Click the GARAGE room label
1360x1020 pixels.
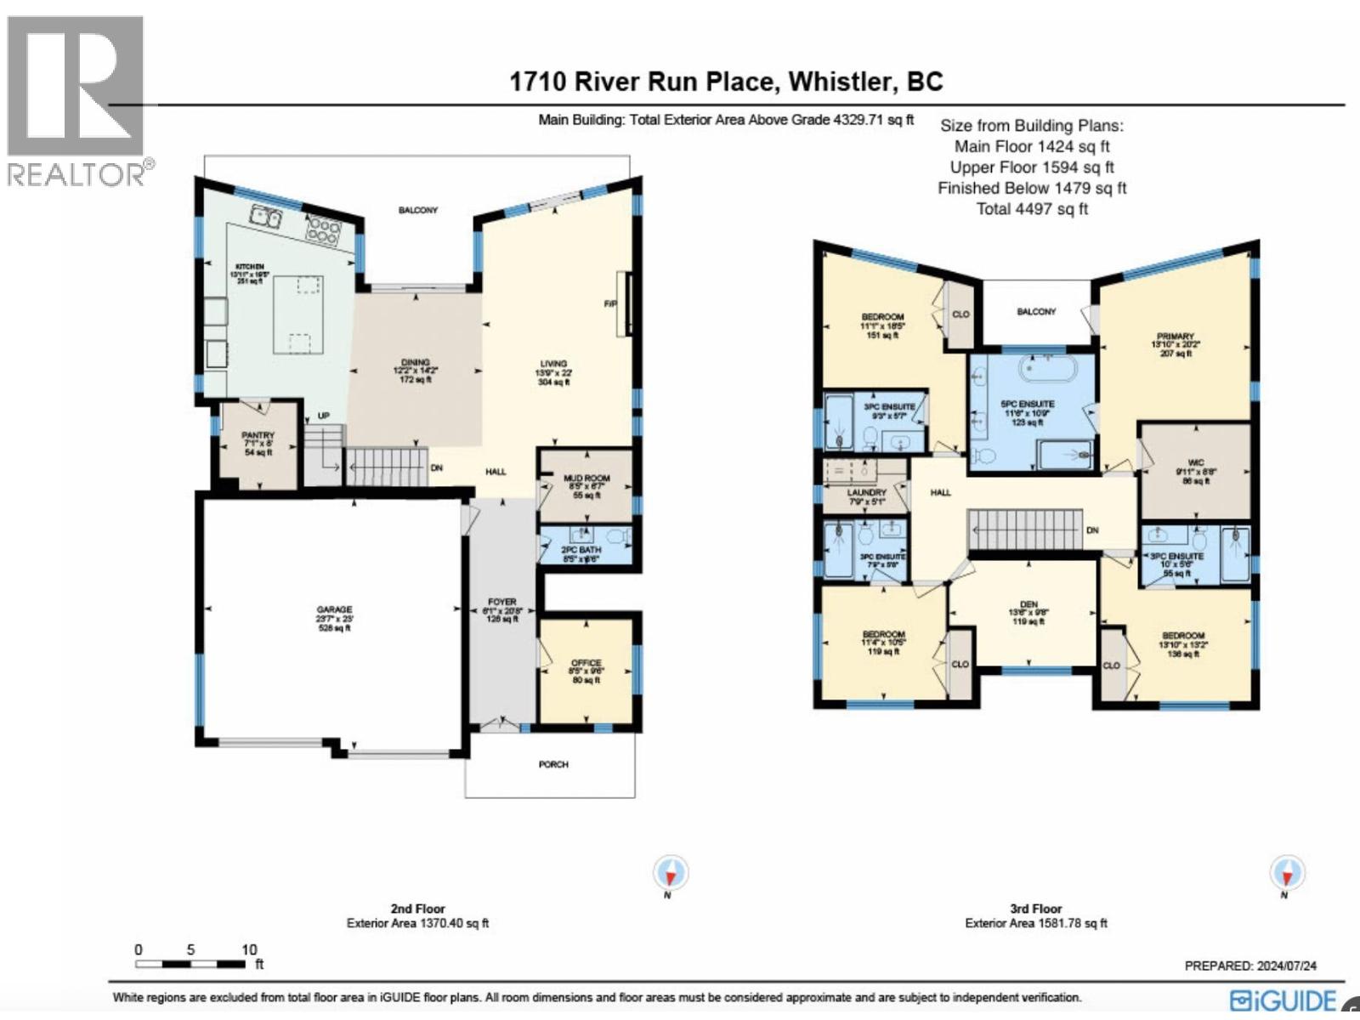click(334, 610)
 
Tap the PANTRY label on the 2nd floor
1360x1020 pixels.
click(258, 435)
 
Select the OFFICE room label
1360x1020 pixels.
click(586, 663)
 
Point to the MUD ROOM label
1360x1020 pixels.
click(586, 479)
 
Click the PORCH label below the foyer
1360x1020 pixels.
click(553, 764)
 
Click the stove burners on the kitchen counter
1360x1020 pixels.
click(324, 230)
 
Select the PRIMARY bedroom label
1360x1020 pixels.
click(1175, 337)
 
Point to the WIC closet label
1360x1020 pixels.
click(1196, 463)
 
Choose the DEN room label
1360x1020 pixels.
click(1028, 604)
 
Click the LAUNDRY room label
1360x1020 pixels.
click(866, 493)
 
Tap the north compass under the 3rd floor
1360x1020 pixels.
click(1287, 874)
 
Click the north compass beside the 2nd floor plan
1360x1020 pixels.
click(671, 873)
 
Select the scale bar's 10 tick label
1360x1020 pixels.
click(249, 949)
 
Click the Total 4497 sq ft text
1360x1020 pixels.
click(1031, 209)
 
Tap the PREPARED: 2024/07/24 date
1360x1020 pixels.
click(1250, 966)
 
